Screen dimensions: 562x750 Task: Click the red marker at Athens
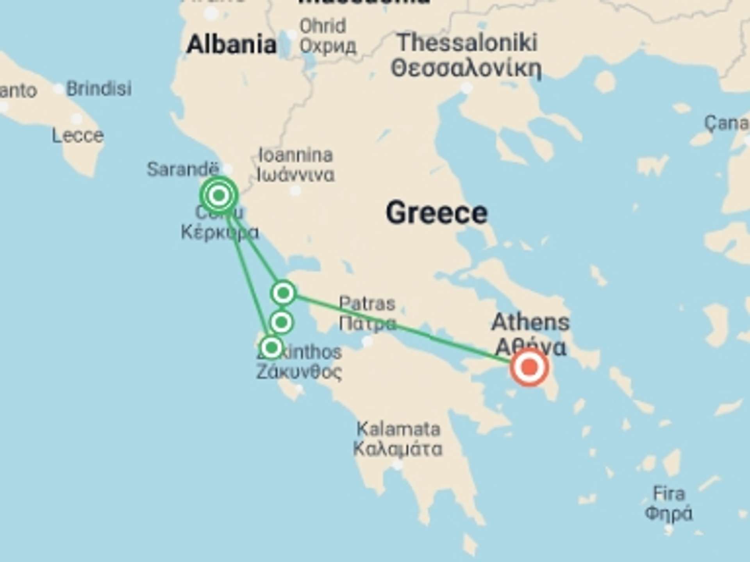point(529,367)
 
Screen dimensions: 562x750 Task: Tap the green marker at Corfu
point(219,195)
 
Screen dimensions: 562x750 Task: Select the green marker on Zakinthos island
point(271,347)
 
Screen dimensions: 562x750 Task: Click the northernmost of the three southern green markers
point(283,292)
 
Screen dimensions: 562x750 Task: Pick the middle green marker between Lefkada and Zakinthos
point(281,322)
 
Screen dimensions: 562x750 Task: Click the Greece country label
point(437,213)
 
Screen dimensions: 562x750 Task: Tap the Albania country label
point(231,44)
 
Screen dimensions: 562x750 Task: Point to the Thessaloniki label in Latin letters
point(467,43)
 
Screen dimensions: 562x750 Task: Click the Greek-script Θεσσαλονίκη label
point(466,69)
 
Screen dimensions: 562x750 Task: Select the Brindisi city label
point(98,89)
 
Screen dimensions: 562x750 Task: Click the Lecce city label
point(78,136)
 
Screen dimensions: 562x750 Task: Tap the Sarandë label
point(182,169)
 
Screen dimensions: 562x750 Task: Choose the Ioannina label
point(296,155)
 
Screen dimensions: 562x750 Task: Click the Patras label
point(367,304)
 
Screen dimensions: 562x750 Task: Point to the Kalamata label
point(398,429)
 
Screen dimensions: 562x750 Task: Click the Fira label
point(669,494)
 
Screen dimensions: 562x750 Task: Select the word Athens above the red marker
point(530,322)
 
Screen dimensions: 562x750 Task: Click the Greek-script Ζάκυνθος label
point(299,372)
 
